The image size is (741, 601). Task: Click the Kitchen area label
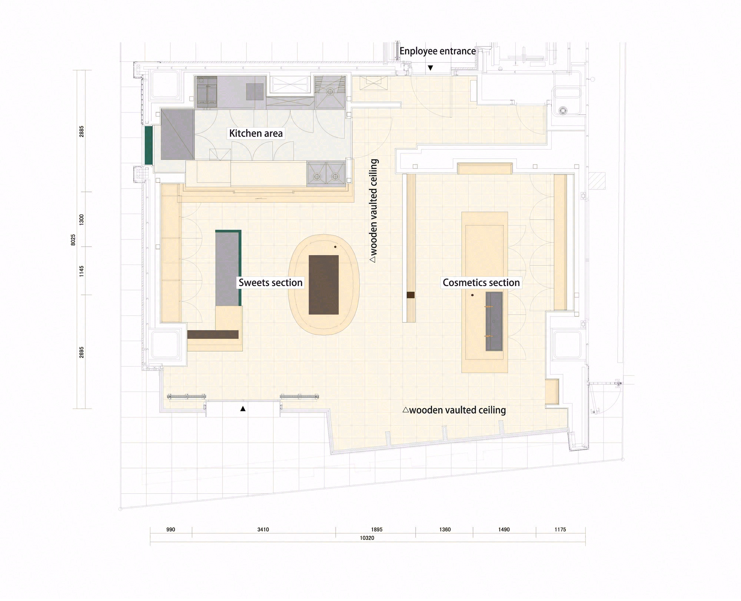(x=256, y=133)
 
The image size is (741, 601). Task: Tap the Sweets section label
(x=270, y=283)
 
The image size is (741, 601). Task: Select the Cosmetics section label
(x=481, y=283)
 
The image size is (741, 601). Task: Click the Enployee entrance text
(x=438, y=51)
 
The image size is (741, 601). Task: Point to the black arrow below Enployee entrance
(x=431, y=68)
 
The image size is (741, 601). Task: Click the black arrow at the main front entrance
(x=243, y=409)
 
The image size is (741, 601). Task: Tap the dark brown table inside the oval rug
(x=323, y=285)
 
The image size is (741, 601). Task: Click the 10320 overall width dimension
(x=367, y=538)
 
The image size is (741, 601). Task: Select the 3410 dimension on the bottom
(x=263, y=529)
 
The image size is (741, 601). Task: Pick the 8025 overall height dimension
(x=73, y=239)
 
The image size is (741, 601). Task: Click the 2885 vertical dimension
(x=82, y=131)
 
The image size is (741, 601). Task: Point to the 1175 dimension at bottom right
(x=560, y=529)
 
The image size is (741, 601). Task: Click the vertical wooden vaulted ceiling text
(x=374, y=211)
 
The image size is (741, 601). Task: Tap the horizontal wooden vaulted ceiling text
(x=454, y=410)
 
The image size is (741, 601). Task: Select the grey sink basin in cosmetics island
(x=494, y=321)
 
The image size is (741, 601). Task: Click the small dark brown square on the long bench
(x=410, y=295)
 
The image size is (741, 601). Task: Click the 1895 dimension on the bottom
(x=376, y=529)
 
